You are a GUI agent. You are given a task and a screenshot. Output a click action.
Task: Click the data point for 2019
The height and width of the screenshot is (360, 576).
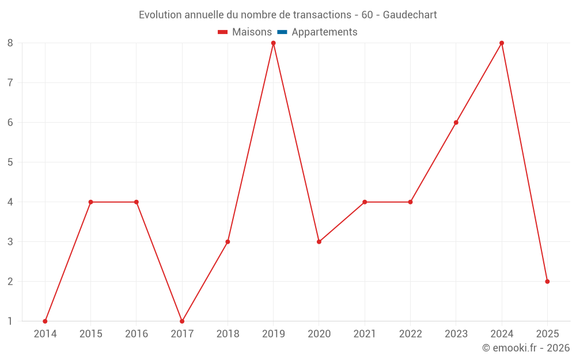(273, 43)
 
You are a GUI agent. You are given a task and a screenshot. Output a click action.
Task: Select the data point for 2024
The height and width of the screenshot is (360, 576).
(502, 43)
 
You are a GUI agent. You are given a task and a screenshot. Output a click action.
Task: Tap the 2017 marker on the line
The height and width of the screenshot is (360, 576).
(182, 321)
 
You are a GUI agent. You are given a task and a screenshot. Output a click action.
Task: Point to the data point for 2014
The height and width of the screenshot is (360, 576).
(45, 321)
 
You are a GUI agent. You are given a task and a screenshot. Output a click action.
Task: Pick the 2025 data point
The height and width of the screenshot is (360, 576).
(547, 282)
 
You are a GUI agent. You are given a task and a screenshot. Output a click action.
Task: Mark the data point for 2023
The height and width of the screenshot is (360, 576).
(456, 123)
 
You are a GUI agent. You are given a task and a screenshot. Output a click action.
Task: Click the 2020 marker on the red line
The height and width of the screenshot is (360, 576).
(319, 242)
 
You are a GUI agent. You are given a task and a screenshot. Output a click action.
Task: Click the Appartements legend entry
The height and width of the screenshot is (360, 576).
(324, 32)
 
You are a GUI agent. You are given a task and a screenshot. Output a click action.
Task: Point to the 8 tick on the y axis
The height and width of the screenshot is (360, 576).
(10, 43)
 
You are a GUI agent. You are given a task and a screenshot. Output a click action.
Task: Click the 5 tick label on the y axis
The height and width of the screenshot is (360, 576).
(10, 162)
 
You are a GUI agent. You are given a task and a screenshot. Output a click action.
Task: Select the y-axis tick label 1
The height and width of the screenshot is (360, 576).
(10, 321)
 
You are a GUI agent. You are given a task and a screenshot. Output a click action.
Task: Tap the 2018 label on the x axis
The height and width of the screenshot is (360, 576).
(228, 334)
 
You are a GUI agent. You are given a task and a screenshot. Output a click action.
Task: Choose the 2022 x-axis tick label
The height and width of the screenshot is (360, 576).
(410, 334)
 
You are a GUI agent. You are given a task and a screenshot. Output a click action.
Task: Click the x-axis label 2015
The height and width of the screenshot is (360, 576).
(90, 334)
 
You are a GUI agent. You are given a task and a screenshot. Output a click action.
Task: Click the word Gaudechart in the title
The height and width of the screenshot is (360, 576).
(410, 15)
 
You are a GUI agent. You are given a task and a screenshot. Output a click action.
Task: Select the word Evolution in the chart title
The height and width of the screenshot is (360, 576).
(160, 15)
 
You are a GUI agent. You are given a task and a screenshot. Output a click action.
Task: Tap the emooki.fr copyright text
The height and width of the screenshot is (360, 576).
(526, 348)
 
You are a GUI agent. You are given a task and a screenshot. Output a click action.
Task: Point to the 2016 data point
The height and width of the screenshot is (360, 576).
(137, 202)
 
